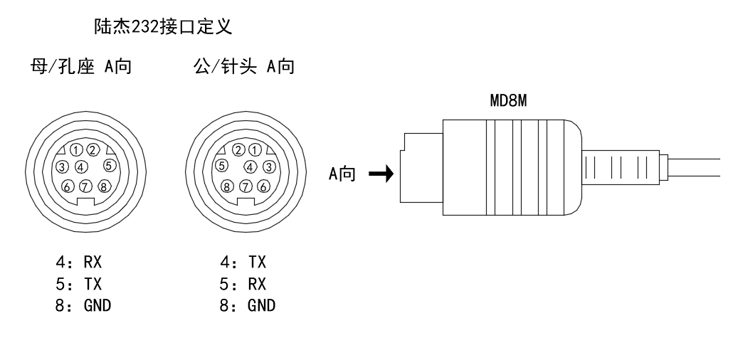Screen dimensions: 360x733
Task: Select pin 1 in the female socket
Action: point(77,150)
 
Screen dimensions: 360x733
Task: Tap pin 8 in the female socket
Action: point(104,187)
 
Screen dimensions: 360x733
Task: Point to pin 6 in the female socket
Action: point(68,187)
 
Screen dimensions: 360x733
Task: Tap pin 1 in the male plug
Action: point(255,150)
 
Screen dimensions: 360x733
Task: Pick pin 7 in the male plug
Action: point(246,187)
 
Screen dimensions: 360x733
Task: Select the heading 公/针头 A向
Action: point(245,68)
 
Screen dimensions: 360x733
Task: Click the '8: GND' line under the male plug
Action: point(248,306)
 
